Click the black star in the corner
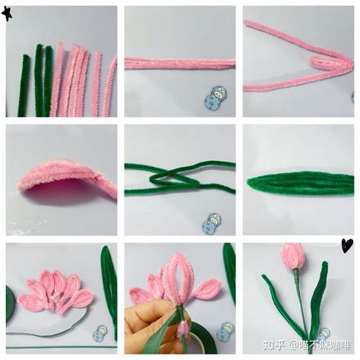(x=8, y=13)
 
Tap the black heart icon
(x=346, y=245)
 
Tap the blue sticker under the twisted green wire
(x=213, y=222)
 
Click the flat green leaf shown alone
(x=300, y=182)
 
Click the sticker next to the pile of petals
(x=99, y=333)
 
